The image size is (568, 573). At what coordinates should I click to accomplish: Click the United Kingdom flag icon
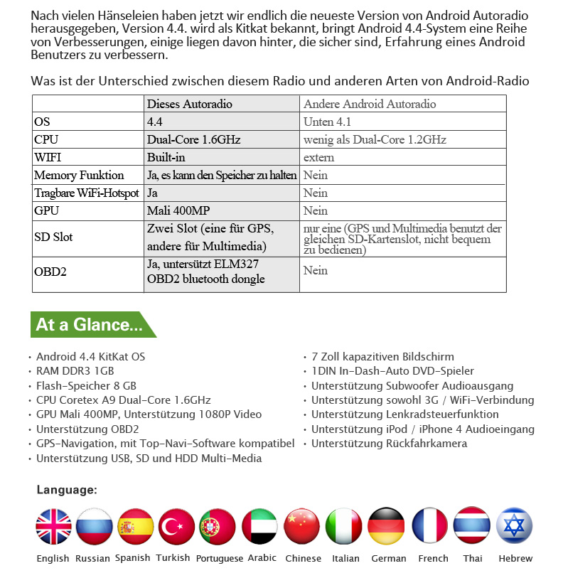click(53, 527)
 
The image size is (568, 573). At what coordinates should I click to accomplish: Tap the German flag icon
click(387, 527)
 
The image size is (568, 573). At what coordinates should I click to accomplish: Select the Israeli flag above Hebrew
click(515, 527)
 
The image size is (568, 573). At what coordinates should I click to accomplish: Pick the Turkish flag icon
click(176, 527)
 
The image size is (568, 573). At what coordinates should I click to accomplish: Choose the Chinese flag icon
click(302, 527)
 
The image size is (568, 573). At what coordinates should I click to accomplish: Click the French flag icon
click(430, 527)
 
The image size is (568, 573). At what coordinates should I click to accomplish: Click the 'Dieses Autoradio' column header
click(189, 104)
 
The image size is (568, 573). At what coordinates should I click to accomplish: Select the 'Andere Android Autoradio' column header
click(369, 104)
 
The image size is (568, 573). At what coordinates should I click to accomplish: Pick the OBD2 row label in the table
click(50, 271)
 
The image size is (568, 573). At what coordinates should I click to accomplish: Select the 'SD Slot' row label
click(53, 237)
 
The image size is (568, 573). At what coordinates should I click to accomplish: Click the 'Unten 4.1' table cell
click(328, 122)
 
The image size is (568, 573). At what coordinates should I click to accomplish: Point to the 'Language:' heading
click(67, 490)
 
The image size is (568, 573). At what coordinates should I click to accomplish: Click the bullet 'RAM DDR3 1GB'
click(75, 371)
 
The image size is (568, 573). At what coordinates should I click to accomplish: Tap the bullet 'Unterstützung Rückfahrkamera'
click(389, 444)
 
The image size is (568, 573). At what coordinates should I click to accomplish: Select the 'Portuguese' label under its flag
click(220, 559)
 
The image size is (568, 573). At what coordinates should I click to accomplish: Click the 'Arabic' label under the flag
click(262, 558)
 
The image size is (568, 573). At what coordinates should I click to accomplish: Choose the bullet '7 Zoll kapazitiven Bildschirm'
click(382, 357)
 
